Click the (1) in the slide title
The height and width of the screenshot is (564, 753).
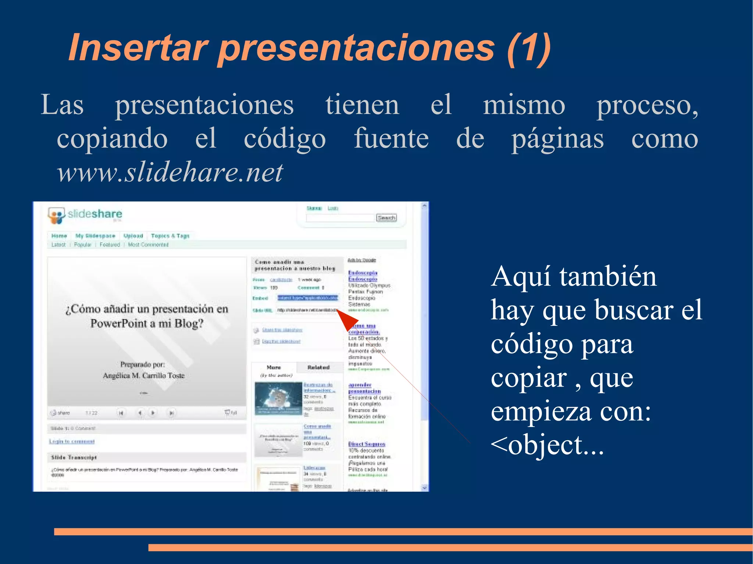(528, 48)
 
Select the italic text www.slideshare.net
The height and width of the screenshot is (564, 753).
(170, 172)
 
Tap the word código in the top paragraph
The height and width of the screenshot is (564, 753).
(285, 139)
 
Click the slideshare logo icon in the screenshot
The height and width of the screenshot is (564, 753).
(56, 215)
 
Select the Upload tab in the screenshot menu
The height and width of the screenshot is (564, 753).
(133, 236)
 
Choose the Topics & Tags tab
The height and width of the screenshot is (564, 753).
(170, 236)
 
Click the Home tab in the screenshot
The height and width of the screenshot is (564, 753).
(59, 236)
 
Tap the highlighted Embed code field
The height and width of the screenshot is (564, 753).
(307, 298)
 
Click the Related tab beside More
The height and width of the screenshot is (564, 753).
(318, 367)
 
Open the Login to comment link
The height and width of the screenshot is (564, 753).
(72, 441)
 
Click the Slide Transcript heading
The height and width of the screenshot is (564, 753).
(74, 457)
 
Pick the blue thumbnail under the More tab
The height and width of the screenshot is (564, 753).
(278, 398)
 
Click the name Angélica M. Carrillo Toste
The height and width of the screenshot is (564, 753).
(143, 376)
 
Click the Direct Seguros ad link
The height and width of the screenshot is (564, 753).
(367, 444)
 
